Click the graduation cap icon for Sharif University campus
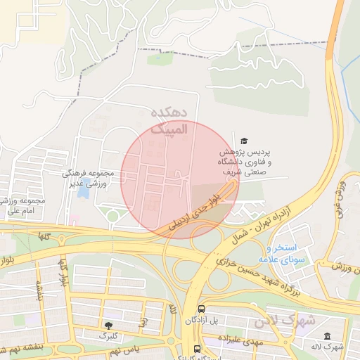pyautogui.click(x=244, y=141)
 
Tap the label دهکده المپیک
pyautogui.click(x=169, y=120)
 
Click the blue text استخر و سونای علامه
pyautogui.click(x=284, y=254)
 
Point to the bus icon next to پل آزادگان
pyautogui.click(x=202, y=309)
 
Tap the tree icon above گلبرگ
pyautogui.click(x=108, y=325)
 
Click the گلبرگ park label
pyautogui.click(x=108, y=336)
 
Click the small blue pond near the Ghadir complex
pyautogui.click(x=83, y=189)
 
